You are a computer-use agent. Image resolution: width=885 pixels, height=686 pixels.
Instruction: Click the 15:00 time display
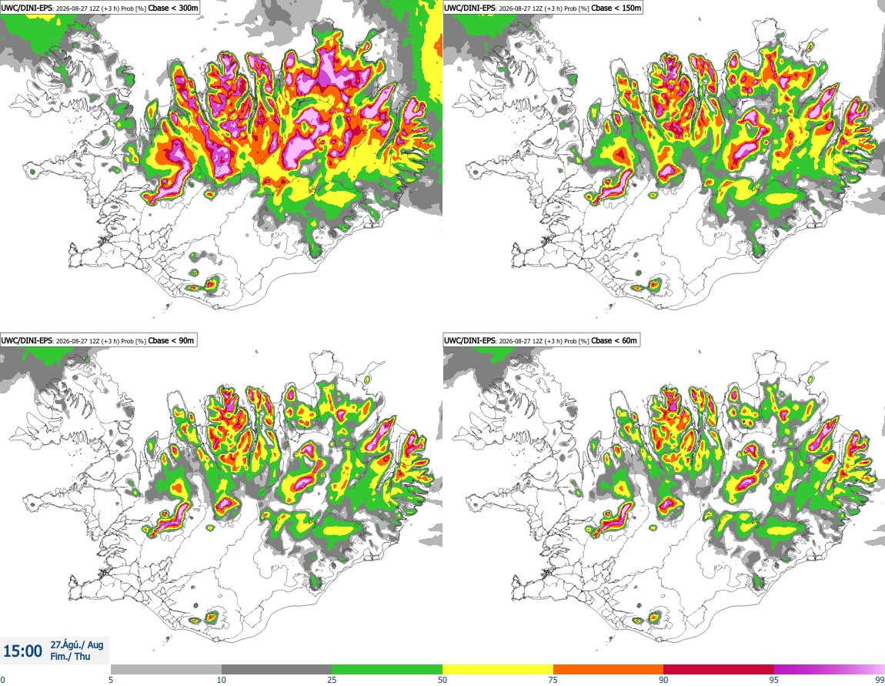(x=22, y=651)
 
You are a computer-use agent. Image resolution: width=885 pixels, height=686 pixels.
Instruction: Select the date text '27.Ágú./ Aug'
(x=77, y=644)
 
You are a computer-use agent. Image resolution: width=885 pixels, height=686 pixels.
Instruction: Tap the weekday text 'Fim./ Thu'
(x=70, y=656)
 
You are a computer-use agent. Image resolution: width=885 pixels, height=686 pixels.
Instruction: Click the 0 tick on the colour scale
(x=3, y=680)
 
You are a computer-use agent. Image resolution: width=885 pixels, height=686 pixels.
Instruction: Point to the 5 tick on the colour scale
(x=111, y=680)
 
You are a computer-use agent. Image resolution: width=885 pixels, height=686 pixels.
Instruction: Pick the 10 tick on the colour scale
(x=222, y=680)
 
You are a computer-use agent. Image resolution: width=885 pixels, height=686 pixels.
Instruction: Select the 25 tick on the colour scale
(x=332, y=680)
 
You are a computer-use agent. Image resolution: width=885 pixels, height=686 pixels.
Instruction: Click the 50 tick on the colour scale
(x=442, y=680)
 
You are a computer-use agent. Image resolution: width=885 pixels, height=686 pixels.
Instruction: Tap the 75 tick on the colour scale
(x=553, y=680)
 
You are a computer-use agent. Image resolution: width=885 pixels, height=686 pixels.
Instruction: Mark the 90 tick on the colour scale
(x=663, y=680)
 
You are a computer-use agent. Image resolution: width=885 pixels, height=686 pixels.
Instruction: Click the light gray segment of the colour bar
(x=166, y=670)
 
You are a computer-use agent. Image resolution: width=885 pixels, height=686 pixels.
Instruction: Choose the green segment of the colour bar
(x=387, y=670)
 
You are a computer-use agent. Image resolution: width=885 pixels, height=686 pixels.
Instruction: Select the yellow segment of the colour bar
(x=498, y=670)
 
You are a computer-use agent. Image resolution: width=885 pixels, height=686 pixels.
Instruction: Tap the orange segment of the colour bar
(x=609, y=670)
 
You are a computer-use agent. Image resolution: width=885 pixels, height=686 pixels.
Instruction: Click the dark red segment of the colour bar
(x=719, y=670)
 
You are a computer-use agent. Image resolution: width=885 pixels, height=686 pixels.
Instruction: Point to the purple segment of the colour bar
(x=830, y=670)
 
